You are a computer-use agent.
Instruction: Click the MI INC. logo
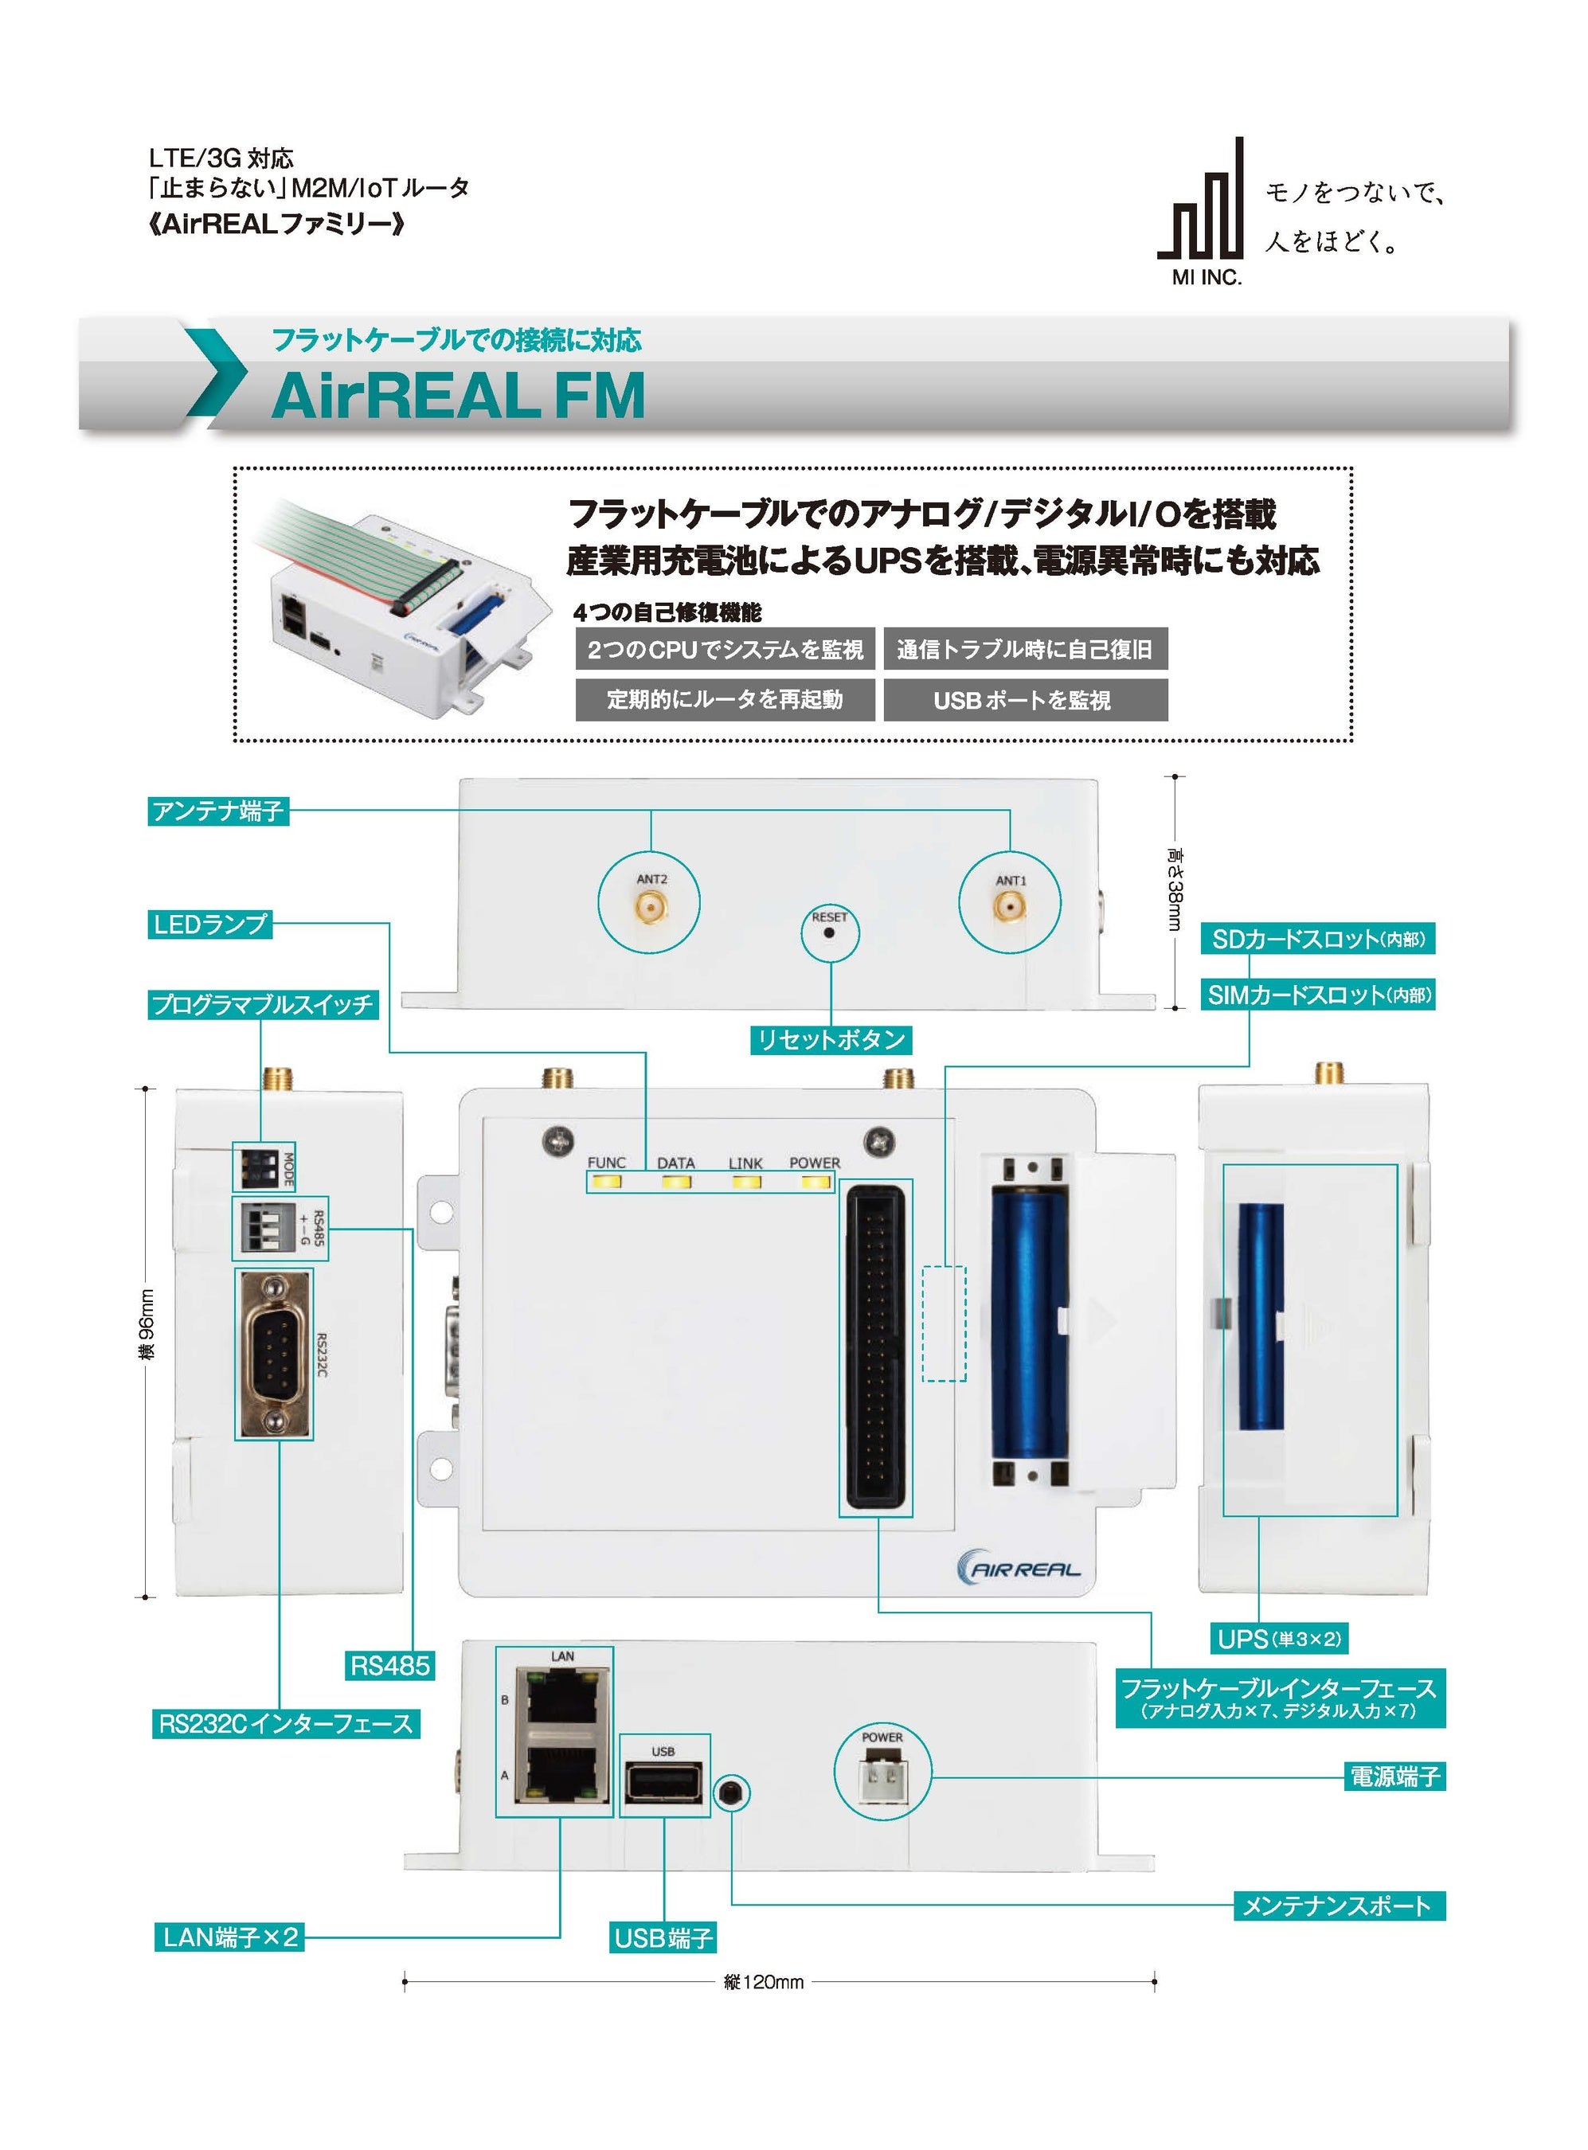coord(1201,212)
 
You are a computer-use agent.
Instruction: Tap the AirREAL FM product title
coord(458,395)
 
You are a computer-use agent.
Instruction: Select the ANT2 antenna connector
coord(650,905)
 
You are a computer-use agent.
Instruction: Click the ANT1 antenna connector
coord(1009,905)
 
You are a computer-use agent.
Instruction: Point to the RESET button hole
coord(828,932)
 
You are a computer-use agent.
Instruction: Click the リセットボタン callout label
coord(831,1039)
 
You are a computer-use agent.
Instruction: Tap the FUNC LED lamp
coord(605,1181)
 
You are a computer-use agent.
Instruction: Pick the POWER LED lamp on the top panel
coord(816,1181)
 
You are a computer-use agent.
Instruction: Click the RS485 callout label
coord(389,1664)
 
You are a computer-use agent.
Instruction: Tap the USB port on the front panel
coord(663,1784)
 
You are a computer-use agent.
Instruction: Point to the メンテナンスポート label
coord(1339,1905)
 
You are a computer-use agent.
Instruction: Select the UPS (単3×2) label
coord(1278,1639)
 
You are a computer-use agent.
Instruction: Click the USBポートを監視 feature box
coord(1026,700)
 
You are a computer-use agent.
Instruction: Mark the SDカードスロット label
coord(1318,939)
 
